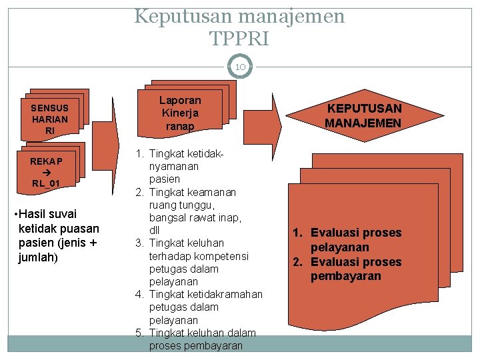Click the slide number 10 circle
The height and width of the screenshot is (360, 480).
[240, 67]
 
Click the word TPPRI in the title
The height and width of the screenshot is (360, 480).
[239, 39]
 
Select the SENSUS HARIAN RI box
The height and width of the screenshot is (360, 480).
[50, 119]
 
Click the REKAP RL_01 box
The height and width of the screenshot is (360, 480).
[46, 172]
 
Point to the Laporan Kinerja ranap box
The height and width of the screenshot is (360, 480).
[180, 113]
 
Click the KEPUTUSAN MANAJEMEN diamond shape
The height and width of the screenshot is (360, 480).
[363, 116]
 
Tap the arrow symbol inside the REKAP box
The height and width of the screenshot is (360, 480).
[46, 172]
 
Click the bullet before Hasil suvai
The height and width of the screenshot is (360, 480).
[16, 214]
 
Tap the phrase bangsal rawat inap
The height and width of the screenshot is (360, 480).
[195, 218]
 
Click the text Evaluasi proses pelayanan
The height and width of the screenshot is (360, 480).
[356, 240]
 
